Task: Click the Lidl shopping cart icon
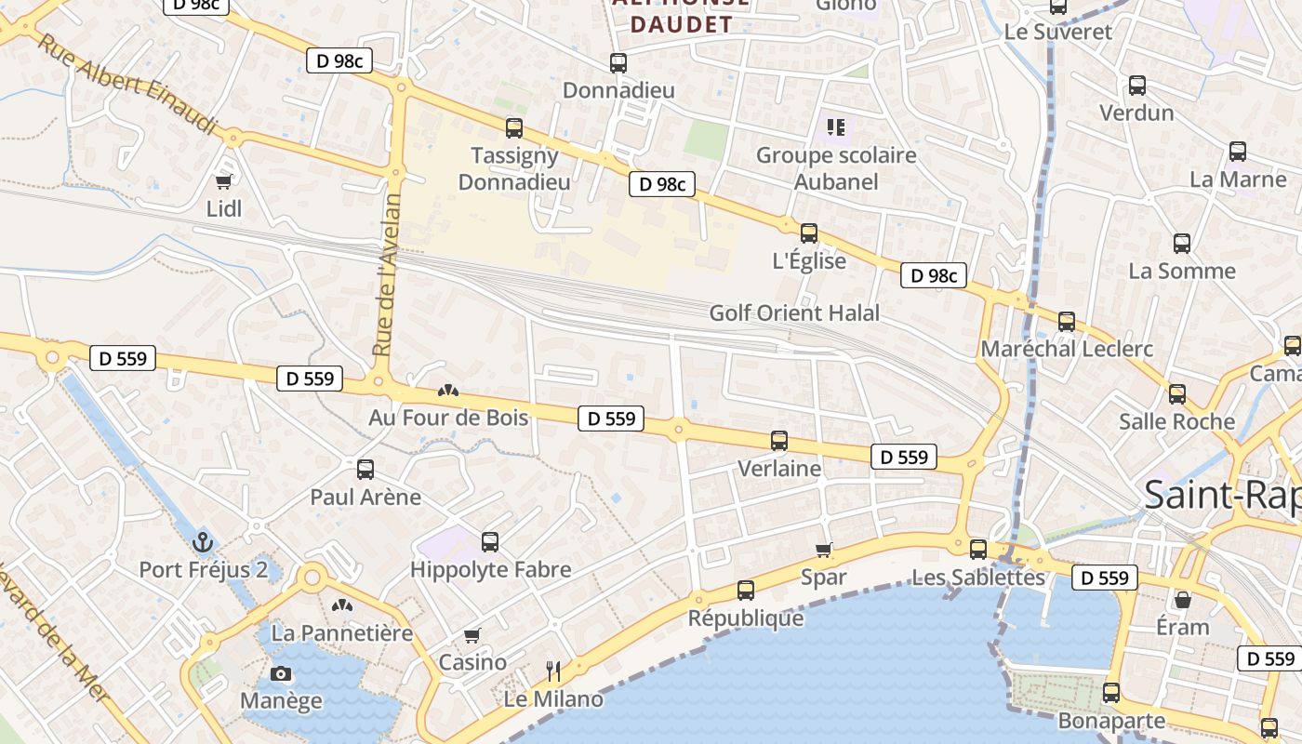point(223,180)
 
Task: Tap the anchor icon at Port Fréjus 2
point(203,540)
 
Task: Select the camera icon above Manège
point(280,673)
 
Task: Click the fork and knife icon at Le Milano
point(553,671)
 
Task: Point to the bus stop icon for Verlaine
point(779,441)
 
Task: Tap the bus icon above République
point(745,590)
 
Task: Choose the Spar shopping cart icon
point(823,550)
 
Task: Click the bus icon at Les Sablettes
point(977,549)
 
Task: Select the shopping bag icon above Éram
point(1182,599)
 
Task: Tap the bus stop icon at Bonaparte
point(1111,692)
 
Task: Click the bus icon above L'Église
point(809,232)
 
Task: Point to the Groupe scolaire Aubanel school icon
point(835,126)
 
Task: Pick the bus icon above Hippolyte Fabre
point(490,541)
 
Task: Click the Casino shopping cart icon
point(472,635)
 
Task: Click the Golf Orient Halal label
point(794,312)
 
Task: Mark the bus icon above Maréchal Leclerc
point(1067,322)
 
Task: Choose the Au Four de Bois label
point(448,417)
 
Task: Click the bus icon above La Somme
point(1182,244)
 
